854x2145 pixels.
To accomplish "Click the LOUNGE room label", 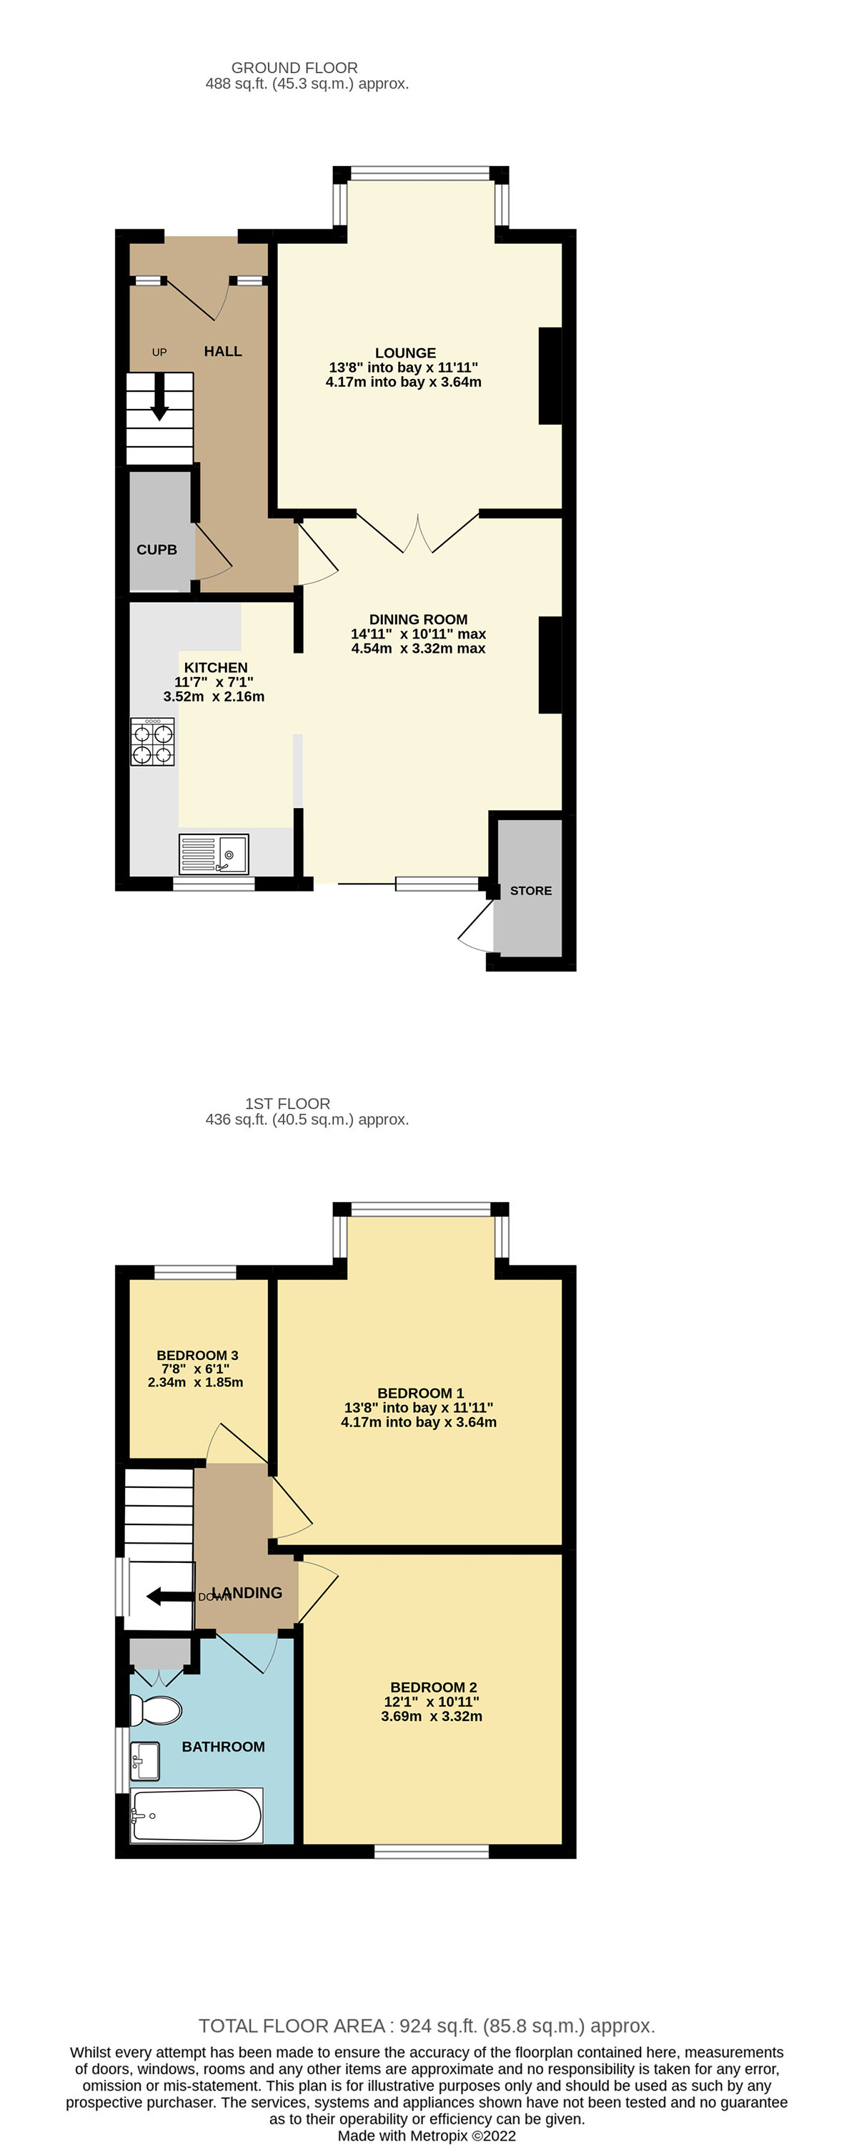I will (x=405, y=353).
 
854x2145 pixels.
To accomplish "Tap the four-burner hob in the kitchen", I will (x=153, y=743).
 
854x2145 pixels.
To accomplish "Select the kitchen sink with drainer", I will (x=214, y=854).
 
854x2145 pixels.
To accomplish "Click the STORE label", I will (x=530, y=891).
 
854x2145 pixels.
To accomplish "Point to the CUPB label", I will (x=157, y=550).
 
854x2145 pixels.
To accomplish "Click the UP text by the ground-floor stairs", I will (x=159, y=352).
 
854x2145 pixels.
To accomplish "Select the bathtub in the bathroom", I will (x=197, y=1815).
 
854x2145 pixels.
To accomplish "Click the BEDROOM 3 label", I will (x=197, y=1355).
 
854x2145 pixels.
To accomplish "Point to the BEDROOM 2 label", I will (x=433, y=1687).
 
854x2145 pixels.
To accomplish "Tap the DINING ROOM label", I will (x=418, y=619).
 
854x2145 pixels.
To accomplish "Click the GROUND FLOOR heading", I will (x=294, y=67).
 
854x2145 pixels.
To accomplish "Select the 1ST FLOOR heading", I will (x=287, y=1103).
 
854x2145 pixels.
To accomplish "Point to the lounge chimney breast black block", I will (x=550, y=376).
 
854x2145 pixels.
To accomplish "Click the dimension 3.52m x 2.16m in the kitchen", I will (x=214, y=697).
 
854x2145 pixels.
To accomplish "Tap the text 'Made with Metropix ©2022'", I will (x=426, y=2136).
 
